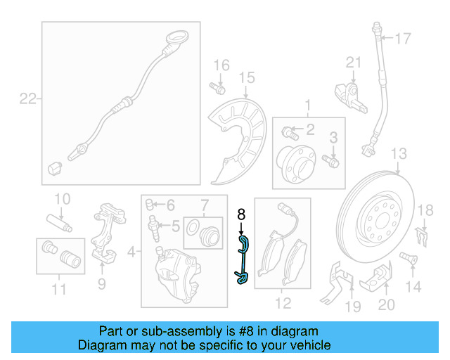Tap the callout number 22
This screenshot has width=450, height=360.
click(27, 99)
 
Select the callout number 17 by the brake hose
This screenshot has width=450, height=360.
click(402, 39)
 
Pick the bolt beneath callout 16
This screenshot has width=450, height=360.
click(217, 89)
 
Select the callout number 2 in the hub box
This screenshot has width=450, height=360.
click(310, 129)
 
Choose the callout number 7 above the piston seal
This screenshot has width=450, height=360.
click(205, 206)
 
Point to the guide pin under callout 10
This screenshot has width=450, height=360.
click(60, 223)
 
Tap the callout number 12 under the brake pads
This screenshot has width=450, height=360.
click(283, 304)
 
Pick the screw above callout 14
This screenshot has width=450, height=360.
click(406, 258)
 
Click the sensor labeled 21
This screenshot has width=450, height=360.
click(349, 95)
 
